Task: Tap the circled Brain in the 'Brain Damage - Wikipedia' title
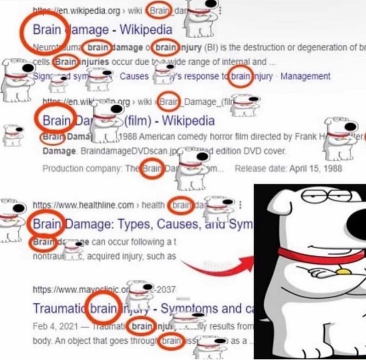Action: [45, 29]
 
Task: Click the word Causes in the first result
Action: [134, 76]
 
